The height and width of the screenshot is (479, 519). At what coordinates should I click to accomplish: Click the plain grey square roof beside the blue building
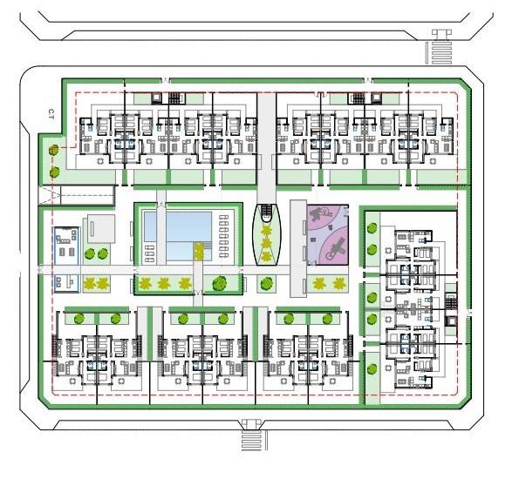click(x=99, y=229)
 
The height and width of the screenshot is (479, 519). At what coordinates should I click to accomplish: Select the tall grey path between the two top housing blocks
click(x=267, y=139)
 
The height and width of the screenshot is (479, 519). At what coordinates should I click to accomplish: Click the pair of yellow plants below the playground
click(x=329, y=282)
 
